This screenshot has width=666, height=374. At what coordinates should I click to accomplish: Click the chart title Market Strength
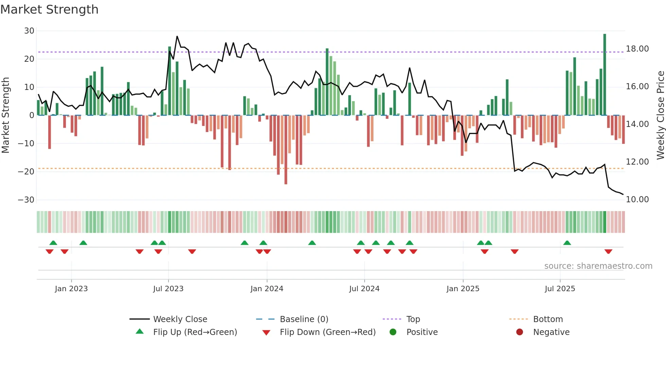(49, 10)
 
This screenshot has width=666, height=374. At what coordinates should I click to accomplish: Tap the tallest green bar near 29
(604, 75)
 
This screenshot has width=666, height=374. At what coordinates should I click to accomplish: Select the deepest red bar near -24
(286, 149)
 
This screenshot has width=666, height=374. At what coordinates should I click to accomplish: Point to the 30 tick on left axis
(29, 31)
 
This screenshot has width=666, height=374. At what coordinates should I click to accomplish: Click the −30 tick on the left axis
(26, 200)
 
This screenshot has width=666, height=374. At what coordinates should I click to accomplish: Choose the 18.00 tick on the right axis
(637, 49)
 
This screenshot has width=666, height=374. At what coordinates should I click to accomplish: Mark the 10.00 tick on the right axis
(637, 200)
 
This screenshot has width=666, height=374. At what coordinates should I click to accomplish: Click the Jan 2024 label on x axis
(267, 289)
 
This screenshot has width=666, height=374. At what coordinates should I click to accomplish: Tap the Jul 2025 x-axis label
(560, 289)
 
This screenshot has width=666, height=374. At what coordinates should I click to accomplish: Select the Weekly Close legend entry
(180, 319)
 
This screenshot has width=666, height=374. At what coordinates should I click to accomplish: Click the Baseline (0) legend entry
(304, 319)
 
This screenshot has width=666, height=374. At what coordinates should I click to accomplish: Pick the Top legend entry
(413, 319)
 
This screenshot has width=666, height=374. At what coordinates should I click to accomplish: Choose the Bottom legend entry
(548, 319)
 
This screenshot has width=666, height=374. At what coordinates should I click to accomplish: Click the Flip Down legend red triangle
(266, 333)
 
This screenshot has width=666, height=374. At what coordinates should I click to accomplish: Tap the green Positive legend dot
(393, 332)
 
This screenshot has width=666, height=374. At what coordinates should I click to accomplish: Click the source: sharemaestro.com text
(598, 266)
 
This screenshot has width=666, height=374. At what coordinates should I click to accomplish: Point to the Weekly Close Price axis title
(660, 115)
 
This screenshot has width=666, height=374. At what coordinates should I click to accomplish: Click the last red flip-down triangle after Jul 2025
(608, 251)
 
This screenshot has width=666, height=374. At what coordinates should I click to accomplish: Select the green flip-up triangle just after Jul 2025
(567, 243)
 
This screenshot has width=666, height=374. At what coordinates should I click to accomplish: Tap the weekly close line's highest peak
(177, 36)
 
